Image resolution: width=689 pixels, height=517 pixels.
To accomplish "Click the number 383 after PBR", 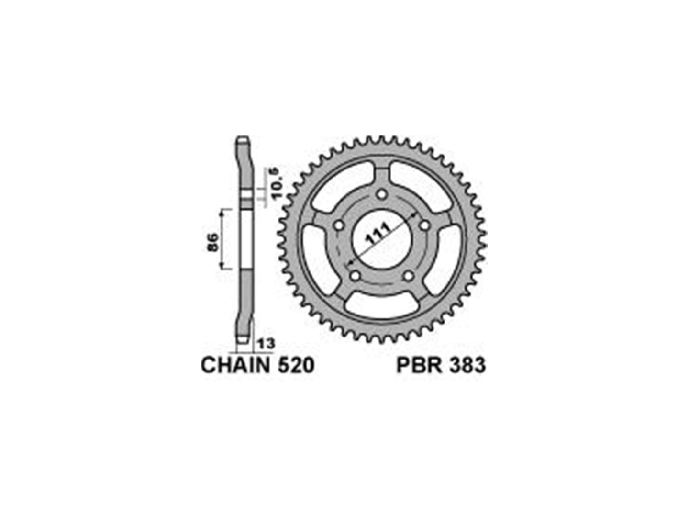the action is pyautogui.click(x=467, y=366).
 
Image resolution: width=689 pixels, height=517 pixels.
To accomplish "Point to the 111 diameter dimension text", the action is pyautogui.click(x=378, y=235).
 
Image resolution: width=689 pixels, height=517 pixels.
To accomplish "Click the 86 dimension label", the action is pyautogui.click(x=213, y=242).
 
